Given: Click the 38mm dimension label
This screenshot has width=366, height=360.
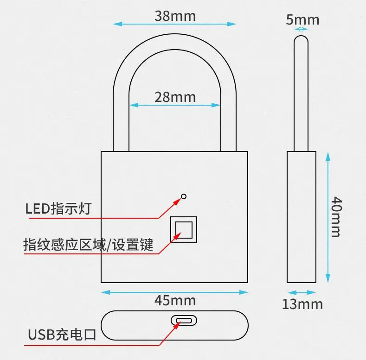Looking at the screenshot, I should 175,16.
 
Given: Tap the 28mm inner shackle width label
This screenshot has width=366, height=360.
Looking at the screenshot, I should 175,97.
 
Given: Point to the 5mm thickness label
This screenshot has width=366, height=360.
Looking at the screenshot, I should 302,19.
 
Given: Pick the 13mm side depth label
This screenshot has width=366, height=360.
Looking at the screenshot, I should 302,304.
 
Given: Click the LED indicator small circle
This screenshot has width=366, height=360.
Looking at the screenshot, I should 184,196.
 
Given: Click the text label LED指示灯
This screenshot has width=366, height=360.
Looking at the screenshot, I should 58,208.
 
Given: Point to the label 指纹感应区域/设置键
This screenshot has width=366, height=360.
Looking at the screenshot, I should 88,244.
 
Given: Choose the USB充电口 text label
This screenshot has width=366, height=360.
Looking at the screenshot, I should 62,335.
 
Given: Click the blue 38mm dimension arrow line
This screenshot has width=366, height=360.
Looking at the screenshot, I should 139,24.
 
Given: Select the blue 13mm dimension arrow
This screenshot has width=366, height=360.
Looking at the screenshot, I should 302,293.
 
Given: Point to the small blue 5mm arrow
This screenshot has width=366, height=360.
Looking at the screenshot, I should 302,29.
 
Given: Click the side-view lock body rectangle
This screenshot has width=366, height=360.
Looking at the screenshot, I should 302,216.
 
